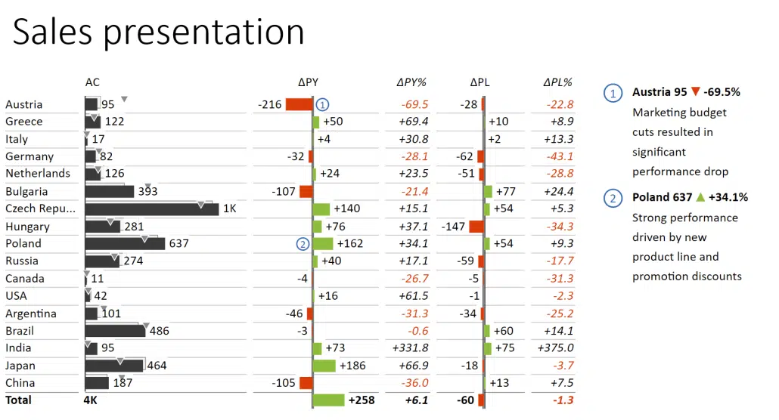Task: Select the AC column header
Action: [92, 82]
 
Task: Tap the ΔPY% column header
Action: [411, 82]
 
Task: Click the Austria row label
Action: [24, 105]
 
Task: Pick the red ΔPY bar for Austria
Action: [299, 105]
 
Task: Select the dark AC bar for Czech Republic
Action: [151, 209]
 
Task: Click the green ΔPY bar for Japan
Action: [324, 366]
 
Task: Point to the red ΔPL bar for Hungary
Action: [476, 227]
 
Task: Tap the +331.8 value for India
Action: [410, 348]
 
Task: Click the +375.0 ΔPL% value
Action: [555, 348]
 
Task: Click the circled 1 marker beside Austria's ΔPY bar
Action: [323, 105]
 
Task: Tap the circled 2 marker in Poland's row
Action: [303, 244]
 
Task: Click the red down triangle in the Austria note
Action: [695, 92]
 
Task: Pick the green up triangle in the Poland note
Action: [700, 197]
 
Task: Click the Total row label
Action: [19, 400]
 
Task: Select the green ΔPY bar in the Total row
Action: [328, 400]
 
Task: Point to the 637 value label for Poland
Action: [178, 244]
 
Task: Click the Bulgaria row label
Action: [26, 192]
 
